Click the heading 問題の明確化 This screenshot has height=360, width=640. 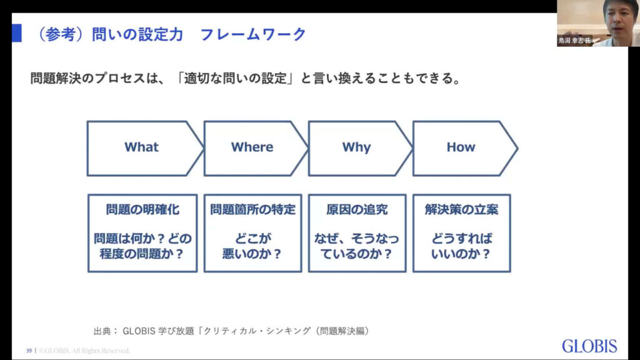(x=142, y=209)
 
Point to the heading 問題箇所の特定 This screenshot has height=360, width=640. (x=252, y=209)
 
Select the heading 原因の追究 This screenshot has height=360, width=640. (x=357, y=209)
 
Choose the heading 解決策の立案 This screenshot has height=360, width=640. (x=461, y=209)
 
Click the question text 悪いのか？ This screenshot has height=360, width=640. (x=252, y=254)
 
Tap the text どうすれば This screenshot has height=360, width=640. (x=462, y=238)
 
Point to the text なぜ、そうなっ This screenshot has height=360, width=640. (x=356, y=238)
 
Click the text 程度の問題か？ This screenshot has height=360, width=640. (x=142, y=254)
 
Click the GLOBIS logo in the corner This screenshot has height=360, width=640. (x=589, y=346)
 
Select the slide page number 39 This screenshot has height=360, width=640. (x=29, y=351)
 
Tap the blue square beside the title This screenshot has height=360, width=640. (x=17, y=33)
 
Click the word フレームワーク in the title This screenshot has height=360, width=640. (x=253, y=34)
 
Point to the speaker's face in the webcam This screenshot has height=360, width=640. (x=619, y=18)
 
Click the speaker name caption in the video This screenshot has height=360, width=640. (x=575, y=41)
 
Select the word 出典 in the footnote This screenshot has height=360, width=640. (x=102, y=331)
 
